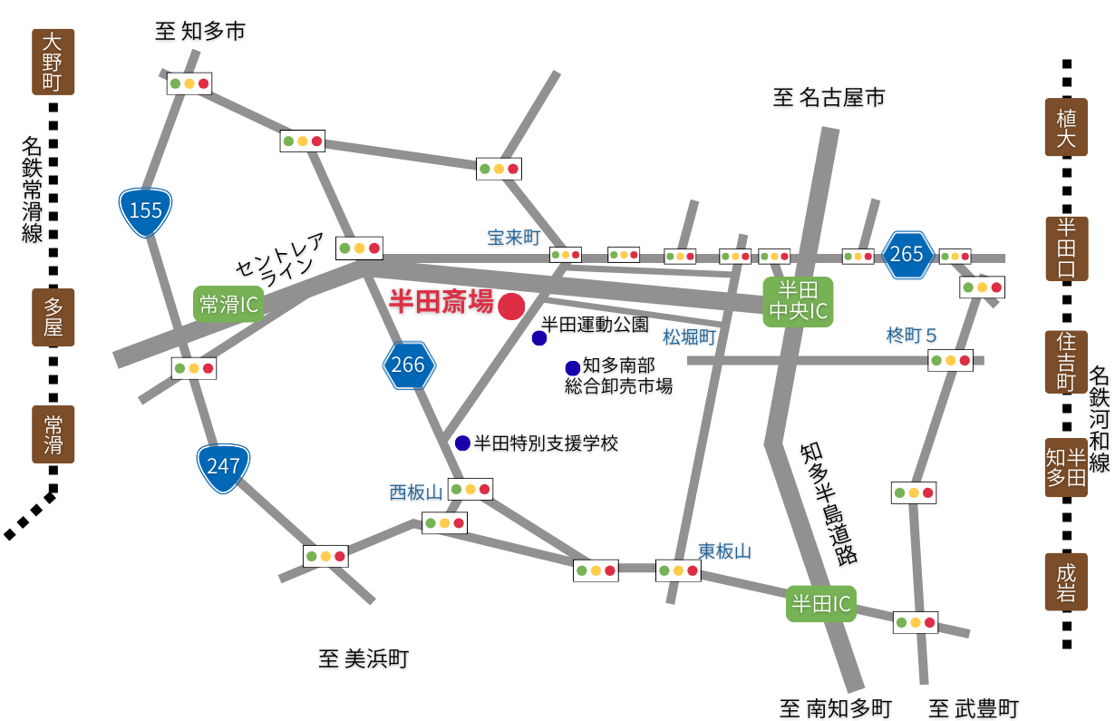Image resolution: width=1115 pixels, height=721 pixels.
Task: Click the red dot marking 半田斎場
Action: tap(511, 307)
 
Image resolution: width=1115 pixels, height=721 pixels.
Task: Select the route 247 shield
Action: tap(223, 467)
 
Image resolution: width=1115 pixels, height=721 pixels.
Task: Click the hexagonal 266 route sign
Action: tap(409, 365)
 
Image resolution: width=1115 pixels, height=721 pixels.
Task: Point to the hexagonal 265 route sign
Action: tap(907, 255)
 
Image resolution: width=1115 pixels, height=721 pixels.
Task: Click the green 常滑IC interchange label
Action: tap(228, 305)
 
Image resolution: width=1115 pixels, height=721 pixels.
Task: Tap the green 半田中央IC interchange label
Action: tap(798, 301)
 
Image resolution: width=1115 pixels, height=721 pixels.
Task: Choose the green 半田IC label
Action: tap(821, 603)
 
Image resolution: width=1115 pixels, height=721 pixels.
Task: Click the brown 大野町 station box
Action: tap(53, 62)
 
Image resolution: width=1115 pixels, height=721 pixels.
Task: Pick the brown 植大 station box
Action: tap(1066, 128)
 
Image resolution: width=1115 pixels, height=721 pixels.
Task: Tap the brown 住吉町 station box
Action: tap(1066, 362)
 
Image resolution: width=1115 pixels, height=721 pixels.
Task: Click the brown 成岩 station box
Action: tap(1066, 582)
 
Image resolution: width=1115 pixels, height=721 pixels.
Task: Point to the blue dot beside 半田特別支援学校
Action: tap(462, 443)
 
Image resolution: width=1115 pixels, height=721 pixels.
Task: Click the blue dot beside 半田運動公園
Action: tap(539, 338)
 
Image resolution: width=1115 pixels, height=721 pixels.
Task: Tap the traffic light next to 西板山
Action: tap(470, 490)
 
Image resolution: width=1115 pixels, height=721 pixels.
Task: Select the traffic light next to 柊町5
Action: tap(950, 360)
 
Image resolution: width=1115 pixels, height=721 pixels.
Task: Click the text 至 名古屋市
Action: tap(829, 97)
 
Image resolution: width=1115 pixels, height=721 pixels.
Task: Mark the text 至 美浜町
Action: tap(363, 659)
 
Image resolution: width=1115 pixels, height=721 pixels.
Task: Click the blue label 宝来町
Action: tap(513, 238)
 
